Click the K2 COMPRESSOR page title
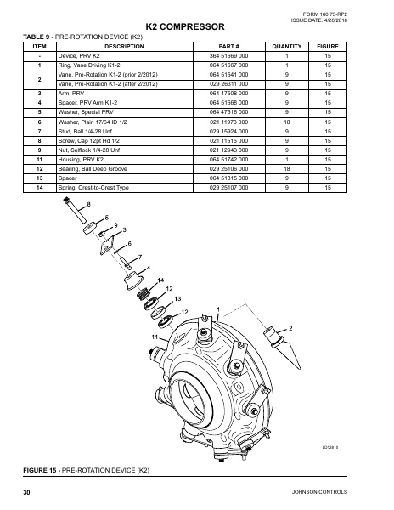coord(197,28)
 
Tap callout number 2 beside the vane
coord(290,328)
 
